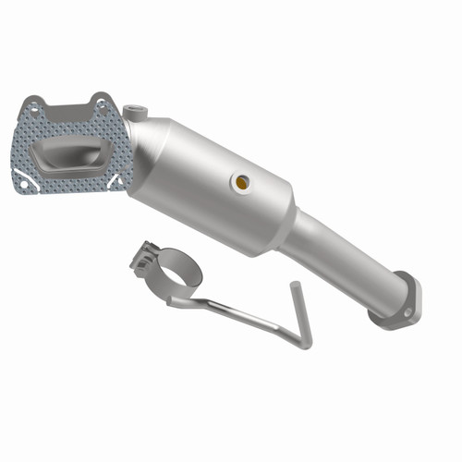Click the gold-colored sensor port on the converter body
pyautogui.click(x=241, y=182)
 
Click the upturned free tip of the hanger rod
pyautogui.click(x=294, y=288)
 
